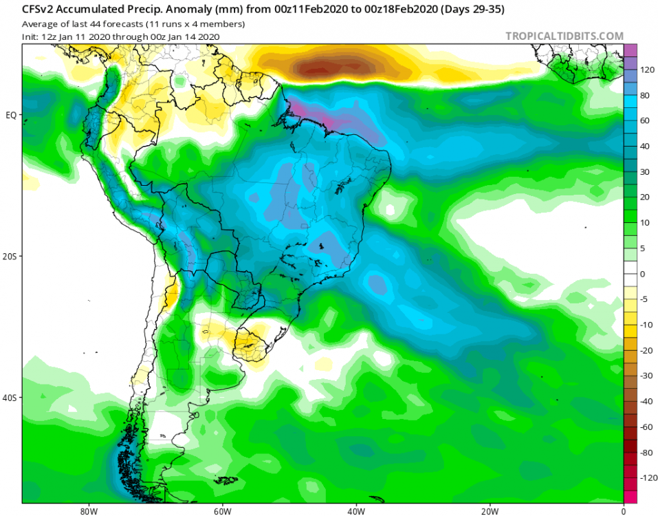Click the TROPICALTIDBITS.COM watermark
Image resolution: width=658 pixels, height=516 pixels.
[x=564, y=36]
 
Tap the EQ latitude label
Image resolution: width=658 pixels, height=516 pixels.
[x=10, y=115]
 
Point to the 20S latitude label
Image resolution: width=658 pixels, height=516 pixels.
[x=10, y=257]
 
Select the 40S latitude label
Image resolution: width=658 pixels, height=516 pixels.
[x=10, y=398]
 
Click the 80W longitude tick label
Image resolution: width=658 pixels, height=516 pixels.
[x=87, y=511]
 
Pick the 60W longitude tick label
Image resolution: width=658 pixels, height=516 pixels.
[x=221, y=511]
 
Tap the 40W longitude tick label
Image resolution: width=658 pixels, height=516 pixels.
[x=355, y=511]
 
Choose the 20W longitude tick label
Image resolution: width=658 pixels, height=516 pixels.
[x=489, y=511]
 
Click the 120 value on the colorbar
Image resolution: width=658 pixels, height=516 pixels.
[x=648, y=70]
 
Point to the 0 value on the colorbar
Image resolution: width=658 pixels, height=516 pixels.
[x=643, y=274]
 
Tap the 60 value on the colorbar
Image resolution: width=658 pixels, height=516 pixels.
[x=646, y=121]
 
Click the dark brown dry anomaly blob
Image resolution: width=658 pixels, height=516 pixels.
[x=323, y=68]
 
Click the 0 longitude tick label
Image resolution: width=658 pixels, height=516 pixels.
[x=623, y=511]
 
